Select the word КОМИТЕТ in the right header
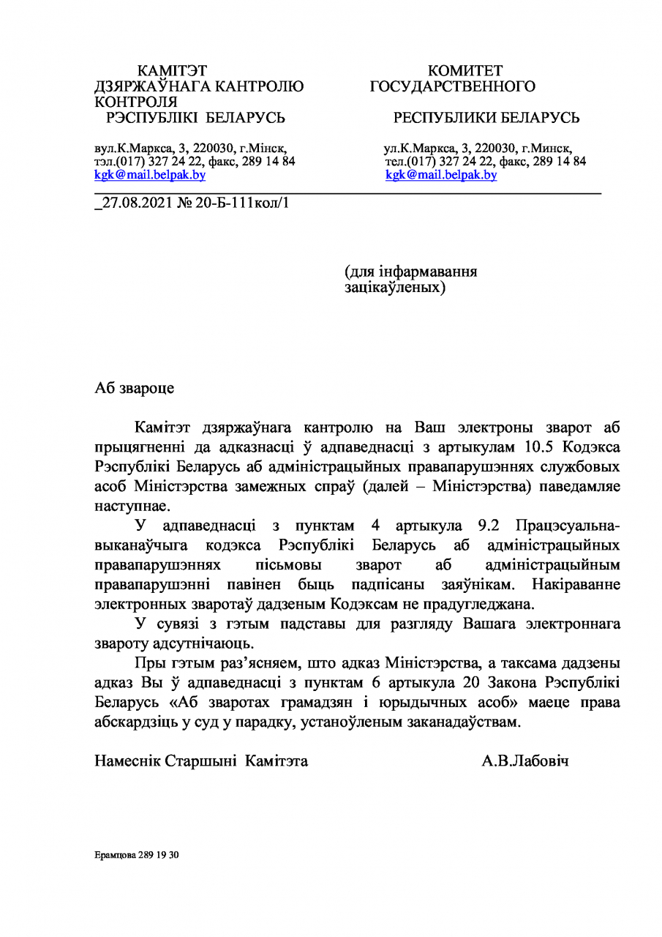(x=465, y=71)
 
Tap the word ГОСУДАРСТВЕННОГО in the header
(x=452, y=87)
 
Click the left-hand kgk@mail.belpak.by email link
(x=150, y=175)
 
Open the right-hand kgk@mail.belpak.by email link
(x=441, y=175)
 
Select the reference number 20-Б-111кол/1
(x=241, y=202)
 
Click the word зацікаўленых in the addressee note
(x=394, y=288)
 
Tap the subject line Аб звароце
(x=135, y=388)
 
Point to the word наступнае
(x=132, y=505)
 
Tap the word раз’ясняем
(x=260, y=664)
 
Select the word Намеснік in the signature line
(x=127, y=761)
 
